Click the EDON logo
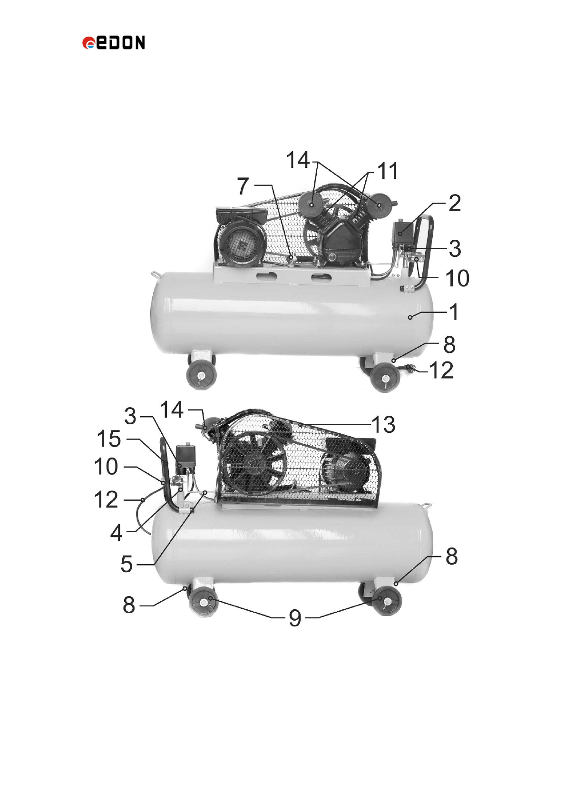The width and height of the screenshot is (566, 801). point(114,42)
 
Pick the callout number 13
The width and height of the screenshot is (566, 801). point(383,424)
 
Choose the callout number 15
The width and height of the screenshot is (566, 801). point(109,439)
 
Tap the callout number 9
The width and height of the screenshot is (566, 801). point(295,618)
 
